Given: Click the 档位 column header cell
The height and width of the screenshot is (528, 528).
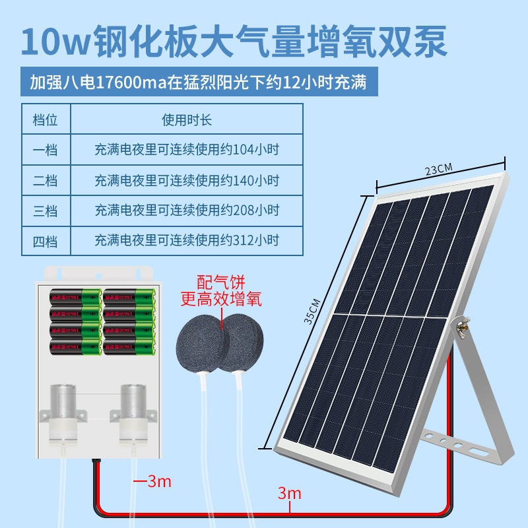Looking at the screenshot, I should pos(46,120).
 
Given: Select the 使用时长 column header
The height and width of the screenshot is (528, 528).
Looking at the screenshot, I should pos(187,120).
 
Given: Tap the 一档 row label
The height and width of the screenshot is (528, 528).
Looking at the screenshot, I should pos(46,150).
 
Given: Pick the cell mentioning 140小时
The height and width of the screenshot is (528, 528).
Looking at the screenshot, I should pos(187,180).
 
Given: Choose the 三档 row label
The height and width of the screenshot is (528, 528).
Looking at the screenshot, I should pos(46,211).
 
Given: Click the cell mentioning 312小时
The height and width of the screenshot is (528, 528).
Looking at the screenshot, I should pos(187,240).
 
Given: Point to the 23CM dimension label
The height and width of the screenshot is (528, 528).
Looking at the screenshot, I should pos(438,168).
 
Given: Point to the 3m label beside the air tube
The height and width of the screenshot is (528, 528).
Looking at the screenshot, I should pos(158,481).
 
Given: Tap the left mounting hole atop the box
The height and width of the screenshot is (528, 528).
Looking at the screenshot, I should pos(58,273).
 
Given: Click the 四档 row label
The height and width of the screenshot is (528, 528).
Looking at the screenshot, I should pos(46,240).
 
